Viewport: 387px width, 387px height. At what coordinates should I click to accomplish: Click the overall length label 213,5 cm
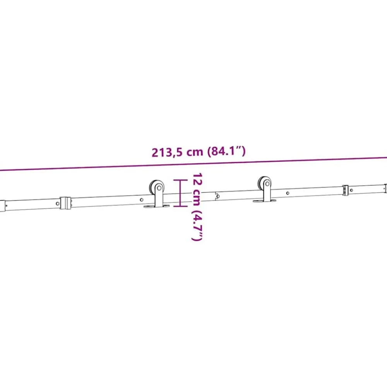[x=177, y=152]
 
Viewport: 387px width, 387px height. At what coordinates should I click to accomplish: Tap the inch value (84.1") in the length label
[x=226, y=151]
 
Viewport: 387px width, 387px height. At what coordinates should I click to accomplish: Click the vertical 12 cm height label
[x=197, y=189]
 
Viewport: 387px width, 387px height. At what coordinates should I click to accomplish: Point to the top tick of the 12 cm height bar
[x=180, y=180]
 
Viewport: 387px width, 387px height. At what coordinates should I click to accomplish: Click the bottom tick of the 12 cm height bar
[x=180, y=205]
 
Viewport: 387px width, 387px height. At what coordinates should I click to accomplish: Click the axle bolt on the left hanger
[x=159, y=188]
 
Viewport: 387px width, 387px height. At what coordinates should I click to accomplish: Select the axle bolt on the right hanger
[x=267, y=184]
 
